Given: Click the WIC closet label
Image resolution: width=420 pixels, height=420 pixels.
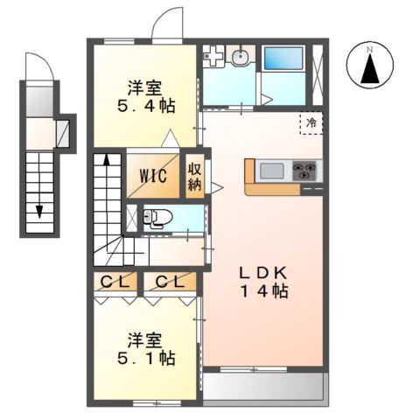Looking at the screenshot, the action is click(x=153, y=176).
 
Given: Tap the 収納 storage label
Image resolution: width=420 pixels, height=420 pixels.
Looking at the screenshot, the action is click(x=194, y=176).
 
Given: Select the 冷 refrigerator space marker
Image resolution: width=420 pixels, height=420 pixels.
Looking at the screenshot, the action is click(x=311, y=122).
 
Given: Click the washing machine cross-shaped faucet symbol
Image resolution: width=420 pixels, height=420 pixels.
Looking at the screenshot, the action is click(x=213, y=55).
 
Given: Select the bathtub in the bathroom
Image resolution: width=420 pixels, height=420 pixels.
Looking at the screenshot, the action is click(x=283, y=58).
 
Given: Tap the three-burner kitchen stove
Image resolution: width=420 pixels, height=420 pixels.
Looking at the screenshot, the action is click(x=304, y=171).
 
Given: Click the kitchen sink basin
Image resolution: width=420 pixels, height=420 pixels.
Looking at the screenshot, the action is click(x=272, y=171).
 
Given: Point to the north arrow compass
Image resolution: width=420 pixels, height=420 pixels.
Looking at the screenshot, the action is click(x=370, y=65).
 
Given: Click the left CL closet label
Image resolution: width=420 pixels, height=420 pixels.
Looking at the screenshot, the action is click(x=115, y=282).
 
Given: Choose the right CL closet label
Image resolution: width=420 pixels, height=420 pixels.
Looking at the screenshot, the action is click(x=170, y=282).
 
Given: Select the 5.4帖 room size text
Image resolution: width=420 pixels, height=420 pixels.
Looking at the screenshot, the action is click(x=146, y=106).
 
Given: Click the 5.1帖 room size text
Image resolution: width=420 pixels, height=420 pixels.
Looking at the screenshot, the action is click(x=146, y=358).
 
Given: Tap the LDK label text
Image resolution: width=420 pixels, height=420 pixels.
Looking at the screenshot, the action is click(x=263, y=273).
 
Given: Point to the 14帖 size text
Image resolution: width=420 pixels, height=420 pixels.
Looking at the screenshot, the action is click(x=264, y=291).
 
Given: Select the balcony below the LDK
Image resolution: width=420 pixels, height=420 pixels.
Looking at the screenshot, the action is click(x=264, y=386).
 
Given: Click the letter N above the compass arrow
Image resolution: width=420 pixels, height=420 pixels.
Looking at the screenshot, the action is click(x=370, y=50).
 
